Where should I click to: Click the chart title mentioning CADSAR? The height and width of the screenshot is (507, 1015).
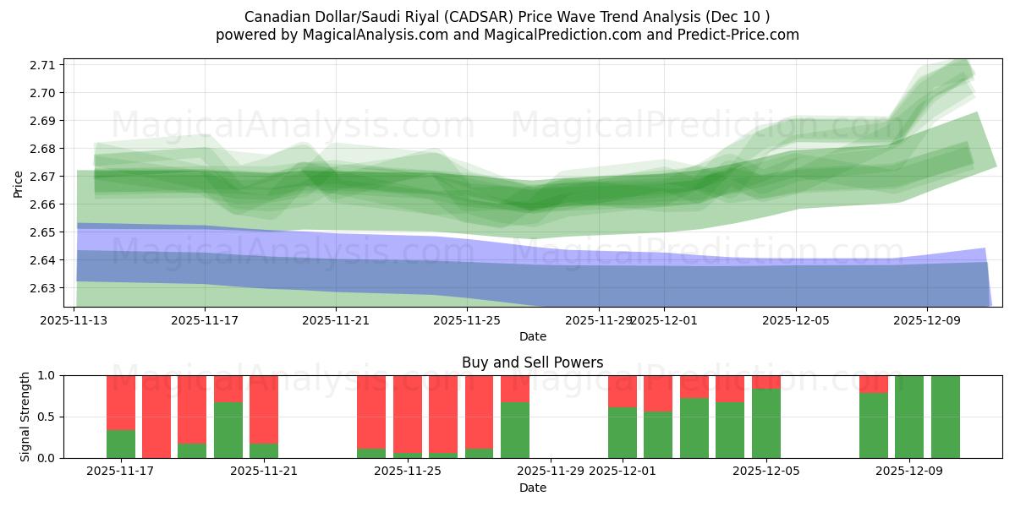click(x=507, y=16)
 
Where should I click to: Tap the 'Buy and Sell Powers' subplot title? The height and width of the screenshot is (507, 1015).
click(x=532, y=363)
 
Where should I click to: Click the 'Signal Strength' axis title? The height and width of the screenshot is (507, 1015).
click(x=25, y=416)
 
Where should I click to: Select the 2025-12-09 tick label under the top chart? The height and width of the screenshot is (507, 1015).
click(x=926, y=320)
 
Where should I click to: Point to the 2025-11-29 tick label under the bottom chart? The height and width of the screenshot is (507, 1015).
click(x=550, y=471)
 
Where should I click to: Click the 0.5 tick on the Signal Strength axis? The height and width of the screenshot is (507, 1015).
click(x=47, y=417)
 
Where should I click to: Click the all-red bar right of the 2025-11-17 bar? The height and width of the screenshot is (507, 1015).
click(x=156, y=416)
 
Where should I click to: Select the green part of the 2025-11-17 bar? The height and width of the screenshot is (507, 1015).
click(x=121, y=444)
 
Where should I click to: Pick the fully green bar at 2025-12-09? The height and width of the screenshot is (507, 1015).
click(x=909, y=416)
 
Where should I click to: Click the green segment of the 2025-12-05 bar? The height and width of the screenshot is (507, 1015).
click(x=766, y=422)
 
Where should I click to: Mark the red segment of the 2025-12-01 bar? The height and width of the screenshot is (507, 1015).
click(x=623, y=390)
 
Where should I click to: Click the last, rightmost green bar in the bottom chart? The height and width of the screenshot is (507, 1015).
click(x=946, y=416)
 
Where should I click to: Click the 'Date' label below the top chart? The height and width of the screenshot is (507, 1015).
click(x=532, y=336)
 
